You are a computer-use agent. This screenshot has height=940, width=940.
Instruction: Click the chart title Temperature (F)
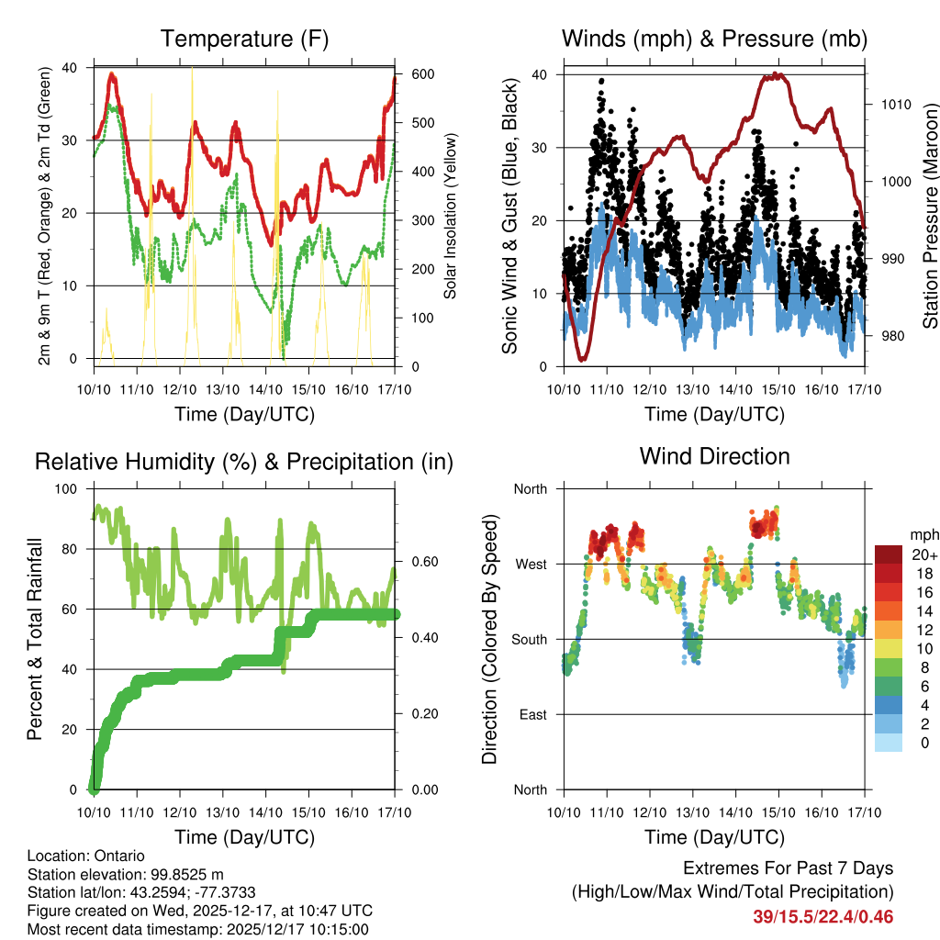(x=244, y=39)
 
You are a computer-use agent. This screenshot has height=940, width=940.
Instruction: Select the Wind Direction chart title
(x=714, y=456)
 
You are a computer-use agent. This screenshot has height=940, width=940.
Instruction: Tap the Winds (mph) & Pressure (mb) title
(x=714, y=39)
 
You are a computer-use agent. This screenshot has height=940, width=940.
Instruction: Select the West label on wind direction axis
(x=530, y=564)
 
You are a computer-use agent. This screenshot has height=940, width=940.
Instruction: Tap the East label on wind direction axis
(x=532, y=714)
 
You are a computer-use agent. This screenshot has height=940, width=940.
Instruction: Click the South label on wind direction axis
(x=529, y=639)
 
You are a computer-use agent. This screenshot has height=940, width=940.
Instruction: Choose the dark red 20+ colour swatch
(x=890, y=554)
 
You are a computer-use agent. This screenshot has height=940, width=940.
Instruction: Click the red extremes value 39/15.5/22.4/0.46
(x=822, y=916)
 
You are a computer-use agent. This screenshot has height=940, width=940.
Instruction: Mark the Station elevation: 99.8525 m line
(x=120, y=875)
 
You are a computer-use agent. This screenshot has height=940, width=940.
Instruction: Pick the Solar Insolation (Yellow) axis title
(x=451, y=217)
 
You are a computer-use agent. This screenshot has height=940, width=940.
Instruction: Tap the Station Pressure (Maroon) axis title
(x=930, y=215)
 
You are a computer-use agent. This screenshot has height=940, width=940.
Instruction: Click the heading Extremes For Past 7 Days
(x=788, y=868)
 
